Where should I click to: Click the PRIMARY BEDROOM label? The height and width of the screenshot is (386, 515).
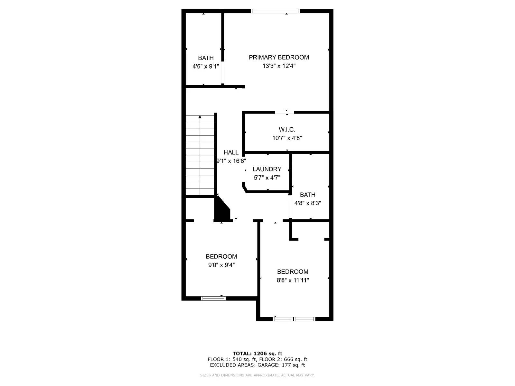(x=279, y=57)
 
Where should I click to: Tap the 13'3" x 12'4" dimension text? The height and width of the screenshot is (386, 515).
(x=279, y=66)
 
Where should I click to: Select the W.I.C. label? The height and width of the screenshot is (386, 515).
(x=287, y=129)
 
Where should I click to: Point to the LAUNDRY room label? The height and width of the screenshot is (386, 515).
(x=267, y=169)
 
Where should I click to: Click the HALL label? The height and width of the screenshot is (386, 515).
(x=231, y=152)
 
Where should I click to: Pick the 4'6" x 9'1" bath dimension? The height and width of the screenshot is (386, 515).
(x=206, y=67)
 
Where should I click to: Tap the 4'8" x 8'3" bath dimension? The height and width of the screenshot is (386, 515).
(x=307, y=203)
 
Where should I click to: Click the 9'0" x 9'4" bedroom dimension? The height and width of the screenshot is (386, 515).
(x=221, y=265)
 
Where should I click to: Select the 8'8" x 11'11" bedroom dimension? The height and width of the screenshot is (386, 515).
(x=293, y=280)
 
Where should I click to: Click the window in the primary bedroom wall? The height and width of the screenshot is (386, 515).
(x=275, y=11)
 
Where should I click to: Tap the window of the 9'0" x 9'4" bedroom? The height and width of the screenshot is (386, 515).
(x=213, y=299)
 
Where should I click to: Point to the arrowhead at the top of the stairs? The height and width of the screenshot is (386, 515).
(x=200, y=117)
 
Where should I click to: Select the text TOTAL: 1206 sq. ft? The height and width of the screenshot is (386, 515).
(x=257, y=354)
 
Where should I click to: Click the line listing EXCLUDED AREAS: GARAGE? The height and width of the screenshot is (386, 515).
(x=257, y=365)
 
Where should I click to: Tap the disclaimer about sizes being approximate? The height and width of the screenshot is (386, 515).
(x=257, y=375)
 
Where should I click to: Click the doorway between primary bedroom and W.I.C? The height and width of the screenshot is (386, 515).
(x=285, y=112)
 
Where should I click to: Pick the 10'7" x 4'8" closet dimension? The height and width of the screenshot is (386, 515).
(x=287, y=138)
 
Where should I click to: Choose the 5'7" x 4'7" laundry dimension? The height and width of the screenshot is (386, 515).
(x=267, y=178)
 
